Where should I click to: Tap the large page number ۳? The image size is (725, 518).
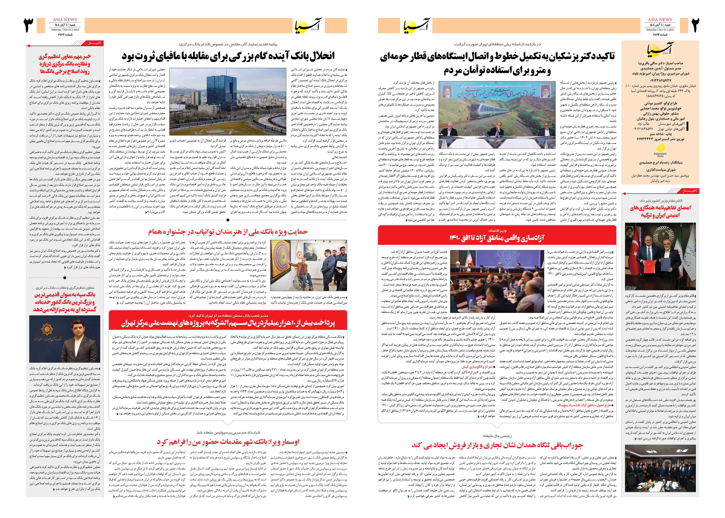tap(29, 26)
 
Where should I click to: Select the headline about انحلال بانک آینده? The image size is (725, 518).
tap(228, 56)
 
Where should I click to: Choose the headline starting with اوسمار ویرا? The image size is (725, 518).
tap(228, 442)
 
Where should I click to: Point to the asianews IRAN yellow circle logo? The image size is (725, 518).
tap(660, 148)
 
